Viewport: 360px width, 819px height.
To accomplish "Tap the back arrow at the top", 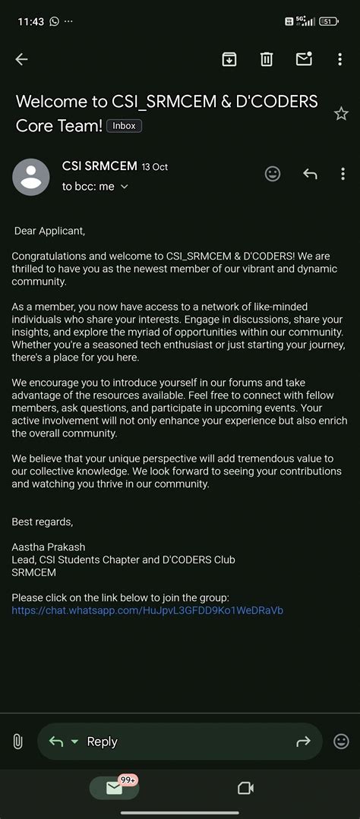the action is point(21,59).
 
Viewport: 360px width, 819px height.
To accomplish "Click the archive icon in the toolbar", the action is point(229,59).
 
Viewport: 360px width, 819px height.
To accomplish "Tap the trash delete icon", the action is point(267,59).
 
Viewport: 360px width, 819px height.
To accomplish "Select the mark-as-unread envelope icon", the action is point(304,59).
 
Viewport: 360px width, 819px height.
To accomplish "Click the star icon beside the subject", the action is point(341,114).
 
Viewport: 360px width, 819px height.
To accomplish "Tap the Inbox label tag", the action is point(124,126).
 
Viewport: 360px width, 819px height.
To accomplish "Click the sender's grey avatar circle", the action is point(31,177).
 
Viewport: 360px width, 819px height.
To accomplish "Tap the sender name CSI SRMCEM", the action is point(99,166).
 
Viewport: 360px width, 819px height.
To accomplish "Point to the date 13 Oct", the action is point(155,167).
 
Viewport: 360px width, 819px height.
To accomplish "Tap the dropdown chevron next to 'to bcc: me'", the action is point(125,187).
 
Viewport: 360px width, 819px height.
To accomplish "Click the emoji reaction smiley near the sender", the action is point(273,174).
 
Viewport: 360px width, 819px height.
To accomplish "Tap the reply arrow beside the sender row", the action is point(310,174).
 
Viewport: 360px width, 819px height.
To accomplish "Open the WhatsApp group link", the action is point(147,610).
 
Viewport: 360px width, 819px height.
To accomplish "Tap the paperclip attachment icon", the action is point(18,742).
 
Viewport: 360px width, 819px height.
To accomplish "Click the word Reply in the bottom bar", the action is point(102,742).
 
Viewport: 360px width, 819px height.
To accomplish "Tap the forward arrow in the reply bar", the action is point(303,742).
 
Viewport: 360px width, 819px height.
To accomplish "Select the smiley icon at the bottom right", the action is point(342,741).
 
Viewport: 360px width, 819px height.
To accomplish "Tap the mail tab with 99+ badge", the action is point(115,788).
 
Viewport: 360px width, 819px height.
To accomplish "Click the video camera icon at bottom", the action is point(245,788).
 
